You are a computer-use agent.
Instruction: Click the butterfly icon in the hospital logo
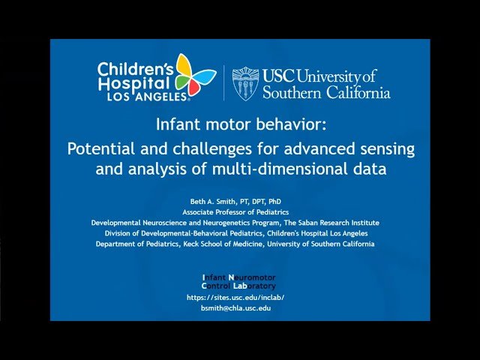click(x=193, y=76)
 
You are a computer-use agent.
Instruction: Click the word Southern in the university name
click(x=307, y=93)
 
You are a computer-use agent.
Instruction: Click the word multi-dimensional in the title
click(x=286, y=169)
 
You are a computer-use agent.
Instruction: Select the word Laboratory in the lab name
click(x=253, y=286)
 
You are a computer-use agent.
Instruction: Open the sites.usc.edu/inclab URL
click(x=235, y=297)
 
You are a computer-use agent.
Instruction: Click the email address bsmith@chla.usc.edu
click(x=235, y=308)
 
